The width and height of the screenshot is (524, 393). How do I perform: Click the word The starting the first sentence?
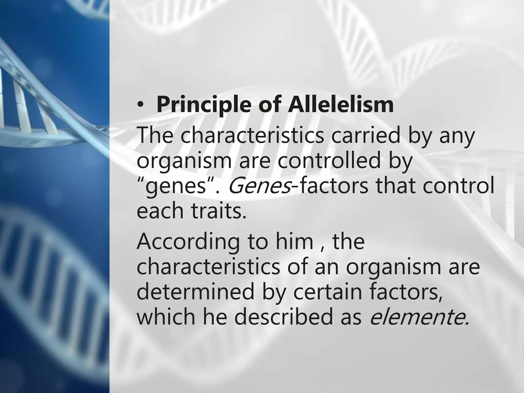155,136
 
